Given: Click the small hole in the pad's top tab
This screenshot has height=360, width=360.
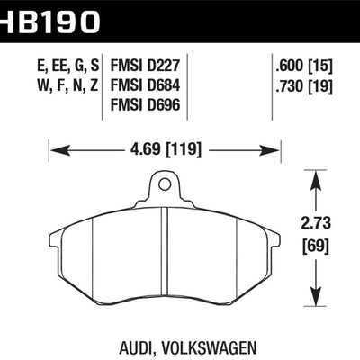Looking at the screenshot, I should [165, 185].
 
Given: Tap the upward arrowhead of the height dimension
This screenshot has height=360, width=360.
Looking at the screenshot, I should [316, 179].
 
